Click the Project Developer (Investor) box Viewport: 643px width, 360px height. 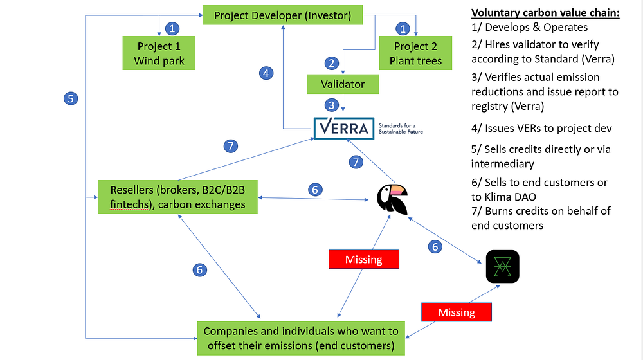pos(282,15)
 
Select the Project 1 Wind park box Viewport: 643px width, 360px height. pos(159,53)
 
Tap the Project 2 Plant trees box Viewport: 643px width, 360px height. pos(415,53)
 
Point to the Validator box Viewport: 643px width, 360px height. pos(343,84)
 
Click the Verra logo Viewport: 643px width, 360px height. pos(344,129)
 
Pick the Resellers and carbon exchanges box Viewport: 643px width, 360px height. pos(177,197)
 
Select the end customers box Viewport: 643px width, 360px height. pos(301,338)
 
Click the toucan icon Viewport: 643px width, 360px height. pos(392,199)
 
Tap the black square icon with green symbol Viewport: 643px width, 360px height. pos(502,267)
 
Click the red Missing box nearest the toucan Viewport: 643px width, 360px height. pos(364,259)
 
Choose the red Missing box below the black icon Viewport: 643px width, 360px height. pos(457,312)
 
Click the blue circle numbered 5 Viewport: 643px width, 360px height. pos(71,98)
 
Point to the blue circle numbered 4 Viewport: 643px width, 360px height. pos(266,73)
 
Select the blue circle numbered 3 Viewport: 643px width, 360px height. pos(331,105)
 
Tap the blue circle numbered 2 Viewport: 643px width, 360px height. pos(331,63)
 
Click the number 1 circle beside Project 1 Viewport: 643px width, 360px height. pos(172,29)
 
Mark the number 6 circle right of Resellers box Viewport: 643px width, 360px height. pos(315,190)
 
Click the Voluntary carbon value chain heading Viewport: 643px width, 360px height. pos(545,13)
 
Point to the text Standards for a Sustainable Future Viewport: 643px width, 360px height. pos(400,129)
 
